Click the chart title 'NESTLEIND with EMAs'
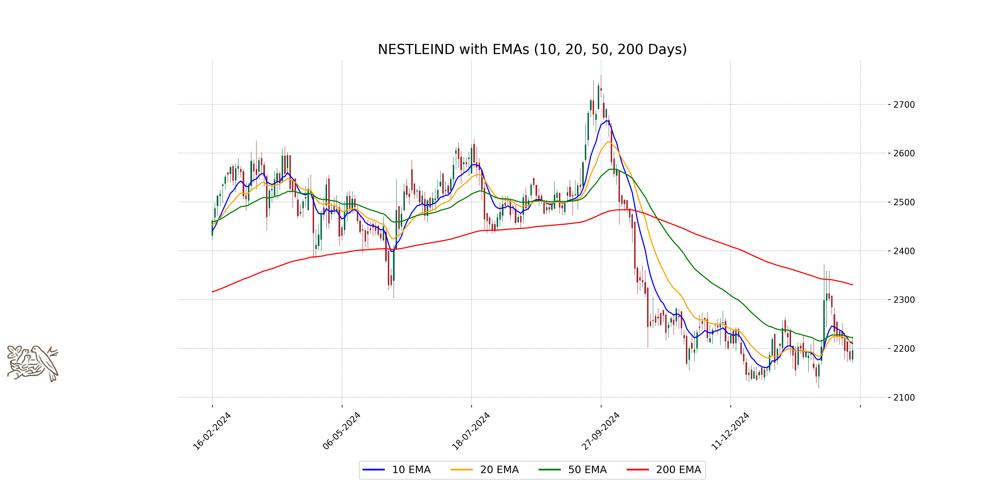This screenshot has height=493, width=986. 532,49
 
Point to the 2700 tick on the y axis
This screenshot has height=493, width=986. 904,105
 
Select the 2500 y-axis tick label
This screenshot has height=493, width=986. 904,202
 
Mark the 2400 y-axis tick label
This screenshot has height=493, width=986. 904,251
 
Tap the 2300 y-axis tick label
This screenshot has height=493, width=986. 904,300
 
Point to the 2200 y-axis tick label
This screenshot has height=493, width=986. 904,349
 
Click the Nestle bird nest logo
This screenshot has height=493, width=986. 32,363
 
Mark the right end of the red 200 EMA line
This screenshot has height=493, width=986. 852,285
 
